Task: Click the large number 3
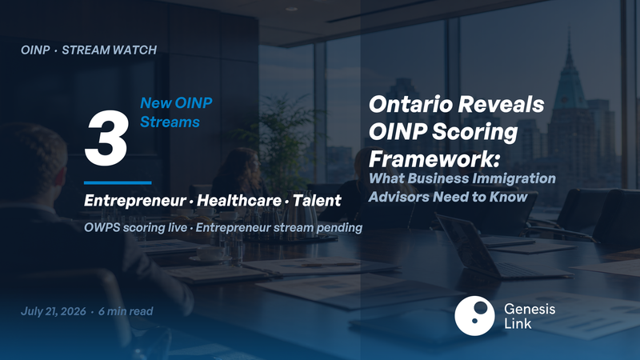pos(106,138)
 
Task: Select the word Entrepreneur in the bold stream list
pos(135,201)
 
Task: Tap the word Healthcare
pos(239,201)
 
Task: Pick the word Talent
pos(317,201)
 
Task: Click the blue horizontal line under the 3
pos(118,183)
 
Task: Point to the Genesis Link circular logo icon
pos(474,316)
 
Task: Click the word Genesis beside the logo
pos(530,309)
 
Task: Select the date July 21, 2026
pos(54,311)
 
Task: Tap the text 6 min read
pos(126,311)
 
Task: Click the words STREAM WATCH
pos(109,50)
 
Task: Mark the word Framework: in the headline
pos(434,158)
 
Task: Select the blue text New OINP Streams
pos(176,112)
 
